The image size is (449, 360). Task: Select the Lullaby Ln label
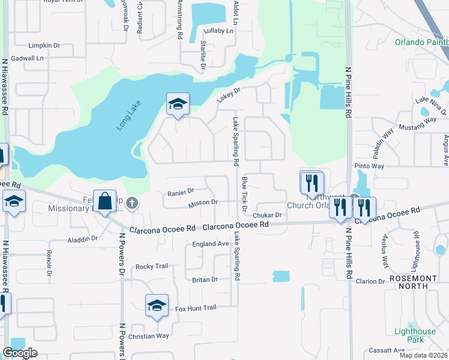218,31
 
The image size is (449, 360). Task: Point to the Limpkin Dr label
44,46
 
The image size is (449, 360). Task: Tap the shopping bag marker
104,201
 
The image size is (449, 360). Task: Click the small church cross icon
133,204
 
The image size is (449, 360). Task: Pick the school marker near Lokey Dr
178,104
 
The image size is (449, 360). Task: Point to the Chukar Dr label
267,215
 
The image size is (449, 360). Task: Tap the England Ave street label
210,244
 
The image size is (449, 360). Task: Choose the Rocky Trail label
152,266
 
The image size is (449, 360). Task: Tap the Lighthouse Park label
415,335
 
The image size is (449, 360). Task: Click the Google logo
20,353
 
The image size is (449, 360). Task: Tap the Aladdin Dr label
83,238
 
